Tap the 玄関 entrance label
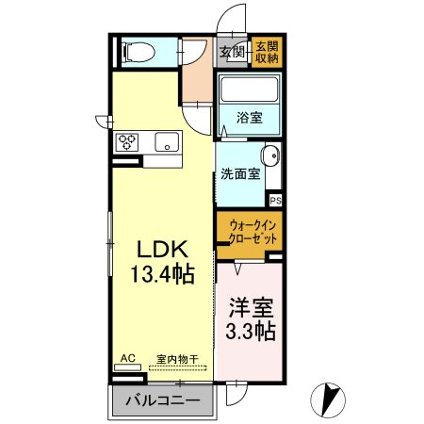click(x=232, y=52)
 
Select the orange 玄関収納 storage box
click(x=266, y=52)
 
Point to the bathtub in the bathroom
click(x=249, y=91)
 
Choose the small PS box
click(x=275, y=200)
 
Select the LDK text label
click(x=165, y=251)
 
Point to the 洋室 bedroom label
click(x=250, y=308)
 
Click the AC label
click(x=129, y=359)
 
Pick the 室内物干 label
click(x=176, y=359)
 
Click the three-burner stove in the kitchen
click(x=127, y=143)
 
